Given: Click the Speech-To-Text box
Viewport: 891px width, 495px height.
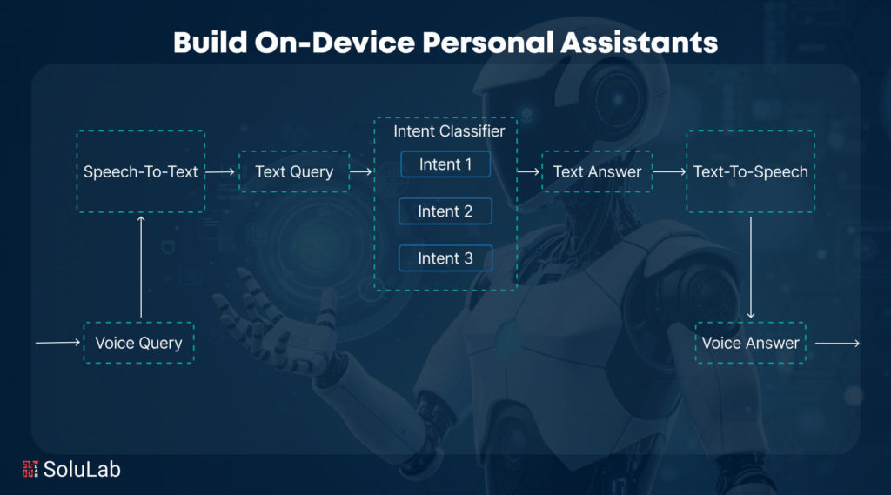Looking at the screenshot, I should pos(141,171).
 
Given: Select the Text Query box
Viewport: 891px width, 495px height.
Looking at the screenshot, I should pos(294,171).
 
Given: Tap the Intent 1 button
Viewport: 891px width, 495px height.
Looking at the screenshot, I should pos(445,164).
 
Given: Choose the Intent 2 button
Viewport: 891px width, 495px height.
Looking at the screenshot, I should pos(445,211).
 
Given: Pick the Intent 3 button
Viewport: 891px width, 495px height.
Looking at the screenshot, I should pos(445,258).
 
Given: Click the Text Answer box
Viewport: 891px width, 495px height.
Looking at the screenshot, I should pos(597,171).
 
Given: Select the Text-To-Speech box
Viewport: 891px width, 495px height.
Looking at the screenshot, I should pos(750,171).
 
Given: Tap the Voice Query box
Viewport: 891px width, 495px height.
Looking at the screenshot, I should pos(138,343).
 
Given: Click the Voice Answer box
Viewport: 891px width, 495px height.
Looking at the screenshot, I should pos(750,343).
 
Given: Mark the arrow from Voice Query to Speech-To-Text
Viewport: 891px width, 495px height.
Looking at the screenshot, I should pos(141,266).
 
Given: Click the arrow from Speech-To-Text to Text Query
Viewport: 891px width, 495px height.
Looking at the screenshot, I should pos(221,171).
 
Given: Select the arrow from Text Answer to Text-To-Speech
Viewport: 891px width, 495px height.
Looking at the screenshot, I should pos(669,171).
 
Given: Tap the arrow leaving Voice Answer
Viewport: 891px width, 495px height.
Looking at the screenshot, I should pos(837,343).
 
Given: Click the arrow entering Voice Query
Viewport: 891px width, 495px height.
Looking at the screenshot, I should pos(58,343).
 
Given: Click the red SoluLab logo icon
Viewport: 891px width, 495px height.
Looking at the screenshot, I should pos(30,469).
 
